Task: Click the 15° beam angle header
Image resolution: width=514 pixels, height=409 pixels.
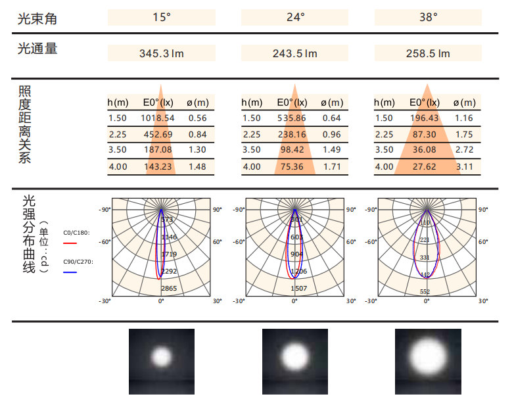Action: click(x=161, y=17)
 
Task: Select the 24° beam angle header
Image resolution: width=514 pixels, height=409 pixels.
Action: click(x=296, y=17)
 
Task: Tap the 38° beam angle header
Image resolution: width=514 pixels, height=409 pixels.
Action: click(x=427, y=17)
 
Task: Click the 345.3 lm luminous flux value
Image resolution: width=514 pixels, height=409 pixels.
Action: click(x=161, y=53)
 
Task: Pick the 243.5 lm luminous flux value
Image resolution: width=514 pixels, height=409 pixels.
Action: click(x=295, y=53)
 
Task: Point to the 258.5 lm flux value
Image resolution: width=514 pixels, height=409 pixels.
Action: click(x=427, y=53)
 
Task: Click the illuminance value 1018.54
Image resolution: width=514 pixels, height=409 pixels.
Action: click(x=158, y=118)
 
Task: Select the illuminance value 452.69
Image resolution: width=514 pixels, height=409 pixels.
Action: click(x=158, y=134)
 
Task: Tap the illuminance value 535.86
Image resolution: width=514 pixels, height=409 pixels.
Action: click(x=292, y=118)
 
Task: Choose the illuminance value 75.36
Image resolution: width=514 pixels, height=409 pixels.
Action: click(x=292, y=166)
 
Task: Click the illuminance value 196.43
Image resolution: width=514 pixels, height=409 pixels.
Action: click(x=424, y=118)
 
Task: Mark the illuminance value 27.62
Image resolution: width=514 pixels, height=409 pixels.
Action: click(x=424, y=166)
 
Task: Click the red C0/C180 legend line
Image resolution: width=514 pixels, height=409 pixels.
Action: click(x=70, y=243)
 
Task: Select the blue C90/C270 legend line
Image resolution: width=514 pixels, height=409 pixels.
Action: click(x=70, y=272)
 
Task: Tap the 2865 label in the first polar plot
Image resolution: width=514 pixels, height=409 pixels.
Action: click(x=169, y=289)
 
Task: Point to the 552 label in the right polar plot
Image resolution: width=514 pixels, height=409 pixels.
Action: click(x=425, y=291)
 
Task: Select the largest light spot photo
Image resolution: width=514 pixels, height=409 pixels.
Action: click(x=428, y=360)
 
